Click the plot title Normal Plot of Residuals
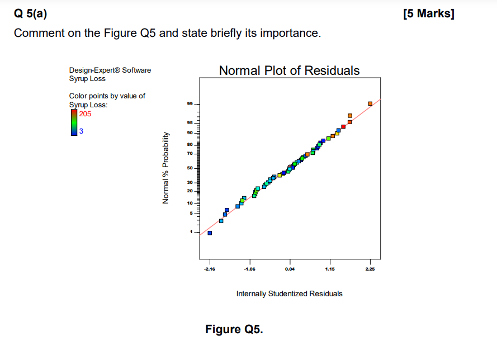tap(289, 70)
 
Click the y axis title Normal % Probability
tap(165, 168)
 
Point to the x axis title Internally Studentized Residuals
tap(289, 293)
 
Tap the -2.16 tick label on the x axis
tap(210, 269)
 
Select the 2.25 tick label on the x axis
tap(370, 269)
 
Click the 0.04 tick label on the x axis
tap(290, 269)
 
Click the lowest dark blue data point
tap(210, 233)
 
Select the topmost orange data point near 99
tap(370, 103)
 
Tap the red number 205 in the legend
tap(85, 113)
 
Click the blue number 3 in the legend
tap(81, 131)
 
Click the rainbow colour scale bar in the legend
tap(73, 122)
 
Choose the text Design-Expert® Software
tap(110, 70)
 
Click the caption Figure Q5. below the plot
tap(234, 329)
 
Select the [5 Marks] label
tap(429, 13)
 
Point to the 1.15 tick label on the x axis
tap(329, 269)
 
